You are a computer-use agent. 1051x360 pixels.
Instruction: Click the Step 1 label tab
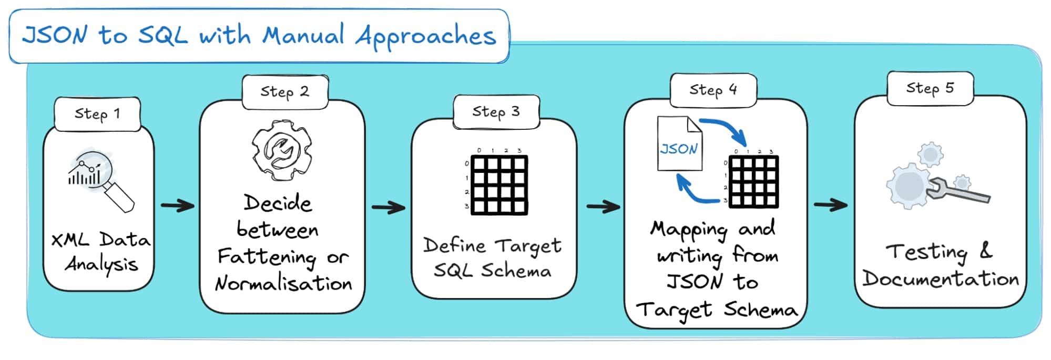click(x=97, y=114)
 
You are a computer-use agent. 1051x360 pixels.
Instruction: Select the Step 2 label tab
click(x=285, y=91)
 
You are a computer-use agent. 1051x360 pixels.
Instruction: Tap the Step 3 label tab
click(x=496, y=111)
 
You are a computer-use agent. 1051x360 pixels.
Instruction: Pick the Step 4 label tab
click(x=713, y=90)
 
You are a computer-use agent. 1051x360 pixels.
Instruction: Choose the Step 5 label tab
click(x=930, y=88)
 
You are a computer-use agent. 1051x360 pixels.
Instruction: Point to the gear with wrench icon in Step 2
click(x=282, y=151)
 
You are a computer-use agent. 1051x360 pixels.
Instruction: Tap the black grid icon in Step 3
click(x=499, y=184)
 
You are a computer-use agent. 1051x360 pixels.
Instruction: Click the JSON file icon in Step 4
click(x=679, y=143)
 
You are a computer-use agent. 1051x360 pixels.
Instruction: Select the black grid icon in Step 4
click(x=753, y=181)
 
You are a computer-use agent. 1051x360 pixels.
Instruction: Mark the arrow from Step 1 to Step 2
click(x=177, y=205)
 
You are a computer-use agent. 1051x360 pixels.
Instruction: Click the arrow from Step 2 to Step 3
click(x=388, y=207)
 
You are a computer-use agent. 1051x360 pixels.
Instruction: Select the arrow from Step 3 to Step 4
click(x=603, y=207)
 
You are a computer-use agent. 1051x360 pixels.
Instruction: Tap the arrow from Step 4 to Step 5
click(x=830, y=205)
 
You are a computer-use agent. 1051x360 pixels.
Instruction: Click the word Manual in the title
click(x=303, y=36)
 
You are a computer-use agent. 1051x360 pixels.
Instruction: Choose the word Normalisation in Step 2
click(x=283, y=284)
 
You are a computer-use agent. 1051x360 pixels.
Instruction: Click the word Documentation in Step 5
click(x=940, y=279)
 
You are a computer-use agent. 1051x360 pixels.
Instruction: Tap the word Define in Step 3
click(x=454, y=245)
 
